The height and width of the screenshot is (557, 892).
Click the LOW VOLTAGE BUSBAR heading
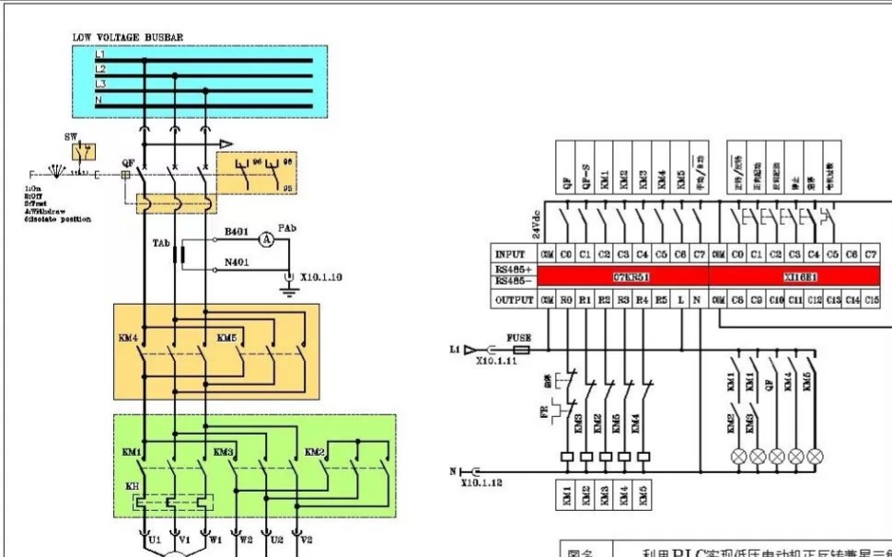click(127, 38)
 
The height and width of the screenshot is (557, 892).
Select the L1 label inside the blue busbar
click(100, 56)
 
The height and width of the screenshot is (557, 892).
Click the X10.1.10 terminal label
click(321, 277)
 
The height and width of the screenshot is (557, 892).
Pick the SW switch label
click(71, 136)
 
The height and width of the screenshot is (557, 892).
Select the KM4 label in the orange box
click(128, 339)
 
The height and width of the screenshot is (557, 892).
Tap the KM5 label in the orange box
click(227, 339)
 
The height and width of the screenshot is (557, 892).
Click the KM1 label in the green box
click(131, 453)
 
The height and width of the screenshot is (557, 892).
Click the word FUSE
click(519, 338)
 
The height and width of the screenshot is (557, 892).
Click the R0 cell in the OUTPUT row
click(565, 299)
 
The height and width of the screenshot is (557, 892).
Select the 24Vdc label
click(537, 221)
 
